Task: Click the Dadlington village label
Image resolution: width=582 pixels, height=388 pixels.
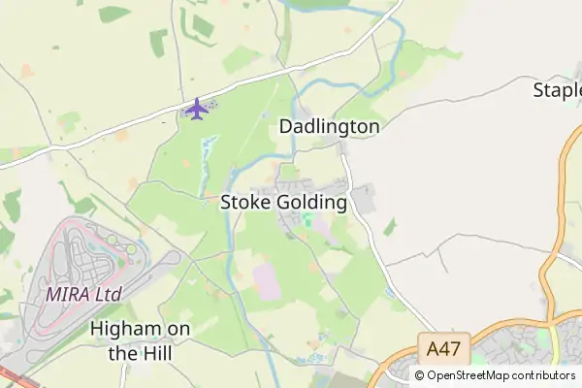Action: tap(329, 126)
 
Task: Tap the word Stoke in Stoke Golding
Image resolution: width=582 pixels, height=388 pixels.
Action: tap(245, 203)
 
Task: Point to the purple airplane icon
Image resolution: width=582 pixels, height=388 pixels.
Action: tap(197, 109)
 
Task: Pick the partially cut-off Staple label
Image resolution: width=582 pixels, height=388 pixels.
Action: tap(559, 91)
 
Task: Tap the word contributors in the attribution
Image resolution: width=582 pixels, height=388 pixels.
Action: tap(544, 375)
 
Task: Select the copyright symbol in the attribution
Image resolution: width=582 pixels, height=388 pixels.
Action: tap(419, 375)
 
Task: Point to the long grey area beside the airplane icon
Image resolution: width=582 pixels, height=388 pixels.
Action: tap(211, 107)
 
